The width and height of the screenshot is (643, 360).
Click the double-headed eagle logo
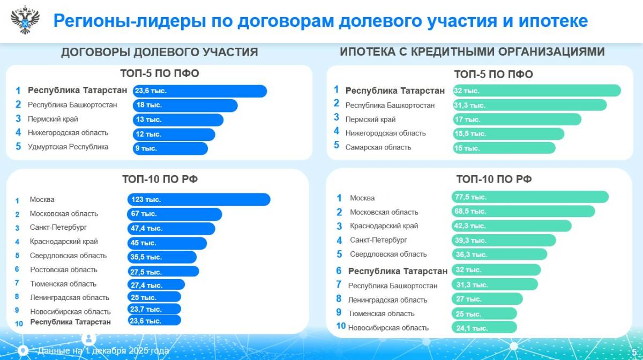pyautogui.click(x=25, y=20)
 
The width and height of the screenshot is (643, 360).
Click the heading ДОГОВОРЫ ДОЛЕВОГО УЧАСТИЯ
pyautogui.click(x=159, y=52)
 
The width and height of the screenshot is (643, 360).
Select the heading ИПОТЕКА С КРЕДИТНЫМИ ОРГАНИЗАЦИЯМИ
pyautogui.click(x=472, y=51)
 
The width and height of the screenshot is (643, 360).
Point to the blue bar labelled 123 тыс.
pyautogui.click(x=199, y=199)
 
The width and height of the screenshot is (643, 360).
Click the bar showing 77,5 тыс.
pyautogui.click(x=530, y=197)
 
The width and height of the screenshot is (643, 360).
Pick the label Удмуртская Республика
pyautogui.click(x=68, y=147)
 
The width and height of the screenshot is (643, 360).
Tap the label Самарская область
pyautogui.click(x=378, y=147)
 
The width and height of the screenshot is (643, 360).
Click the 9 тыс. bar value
pyautogui.click(x=146, y=148)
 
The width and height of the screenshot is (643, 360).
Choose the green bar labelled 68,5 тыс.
pyautogui.click(x=523, y=212)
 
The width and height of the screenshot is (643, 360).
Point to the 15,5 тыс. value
pyautogui.click(x=470, y=133)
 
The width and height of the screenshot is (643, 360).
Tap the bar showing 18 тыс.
pyautogui.click(x=185, y=106)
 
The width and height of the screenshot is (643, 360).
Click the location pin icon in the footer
pyautogui.click(x=24, y=351)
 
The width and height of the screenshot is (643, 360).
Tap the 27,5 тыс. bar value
pyautogui.click(x=146, y=272)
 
